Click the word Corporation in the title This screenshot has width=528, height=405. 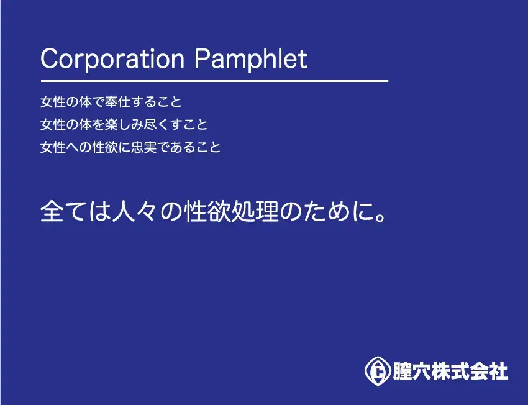tap(113, 59)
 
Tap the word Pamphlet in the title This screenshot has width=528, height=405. tap(251, 59)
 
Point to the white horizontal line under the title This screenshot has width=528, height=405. tap(214, 81)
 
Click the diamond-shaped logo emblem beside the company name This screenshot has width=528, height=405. tap(378, 371)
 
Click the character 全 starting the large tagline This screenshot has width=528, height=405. tap(52, 211)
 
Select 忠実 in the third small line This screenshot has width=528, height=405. tap(144, 147)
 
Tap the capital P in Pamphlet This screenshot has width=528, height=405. tap(203, 59)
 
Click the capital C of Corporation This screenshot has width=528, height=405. tap(50, 59)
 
